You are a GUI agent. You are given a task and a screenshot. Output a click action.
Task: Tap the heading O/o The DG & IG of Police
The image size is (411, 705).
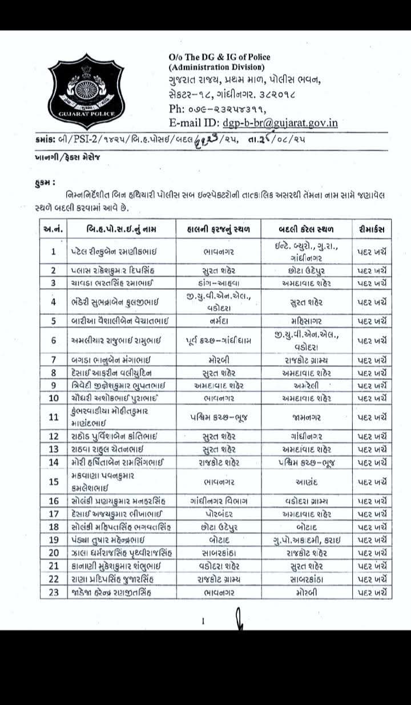[x=220, y=56]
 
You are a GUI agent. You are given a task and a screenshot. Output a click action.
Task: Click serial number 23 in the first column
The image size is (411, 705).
[x=54, y=592]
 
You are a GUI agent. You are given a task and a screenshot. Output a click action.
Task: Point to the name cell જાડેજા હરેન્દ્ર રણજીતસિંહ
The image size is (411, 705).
[x=114, y=592]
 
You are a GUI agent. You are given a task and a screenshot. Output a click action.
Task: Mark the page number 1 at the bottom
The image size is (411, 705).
[x=203, y=623]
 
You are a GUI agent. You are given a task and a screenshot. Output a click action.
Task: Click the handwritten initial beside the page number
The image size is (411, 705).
[x=240, y=619]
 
